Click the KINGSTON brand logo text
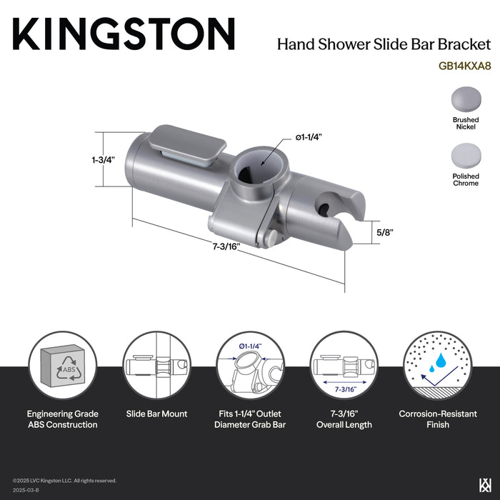point(124,34)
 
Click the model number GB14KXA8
point(464,64)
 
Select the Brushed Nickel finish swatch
point(465,99)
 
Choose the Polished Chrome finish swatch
point(465,155)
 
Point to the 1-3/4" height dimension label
point(103,160)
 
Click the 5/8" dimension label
point(385,232)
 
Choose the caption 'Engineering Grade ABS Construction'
point(63,419)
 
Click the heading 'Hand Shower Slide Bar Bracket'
point(384,44)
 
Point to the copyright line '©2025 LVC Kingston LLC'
point(64,481)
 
